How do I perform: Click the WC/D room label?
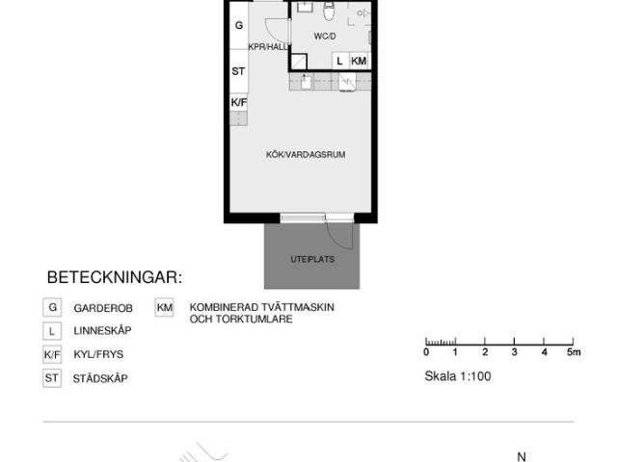pos(325,37)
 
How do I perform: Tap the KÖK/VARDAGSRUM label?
pos(306,154)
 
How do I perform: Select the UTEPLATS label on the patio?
pos(312,259)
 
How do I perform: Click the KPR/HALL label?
pos(268,47)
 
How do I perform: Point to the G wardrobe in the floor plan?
pos(239,26)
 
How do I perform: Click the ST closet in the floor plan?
pos(239,71)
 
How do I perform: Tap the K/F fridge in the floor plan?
pos(239,103)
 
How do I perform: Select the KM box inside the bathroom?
pos(359,61)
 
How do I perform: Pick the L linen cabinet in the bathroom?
pos(340,61)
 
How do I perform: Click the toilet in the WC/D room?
pos(329,11)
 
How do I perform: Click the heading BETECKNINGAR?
pos(115,277)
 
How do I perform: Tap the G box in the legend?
pos(52,307)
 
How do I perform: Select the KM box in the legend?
pos(165,307)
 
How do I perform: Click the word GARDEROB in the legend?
pos(103,308)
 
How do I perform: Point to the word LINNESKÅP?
pos(102,330)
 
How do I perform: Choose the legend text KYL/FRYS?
pos(98,354)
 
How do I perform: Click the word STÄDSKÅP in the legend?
pos(100,378)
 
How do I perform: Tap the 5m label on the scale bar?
pos(574,352)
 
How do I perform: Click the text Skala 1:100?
pos(458,376)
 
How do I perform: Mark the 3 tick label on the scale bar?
pos(514,352)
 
